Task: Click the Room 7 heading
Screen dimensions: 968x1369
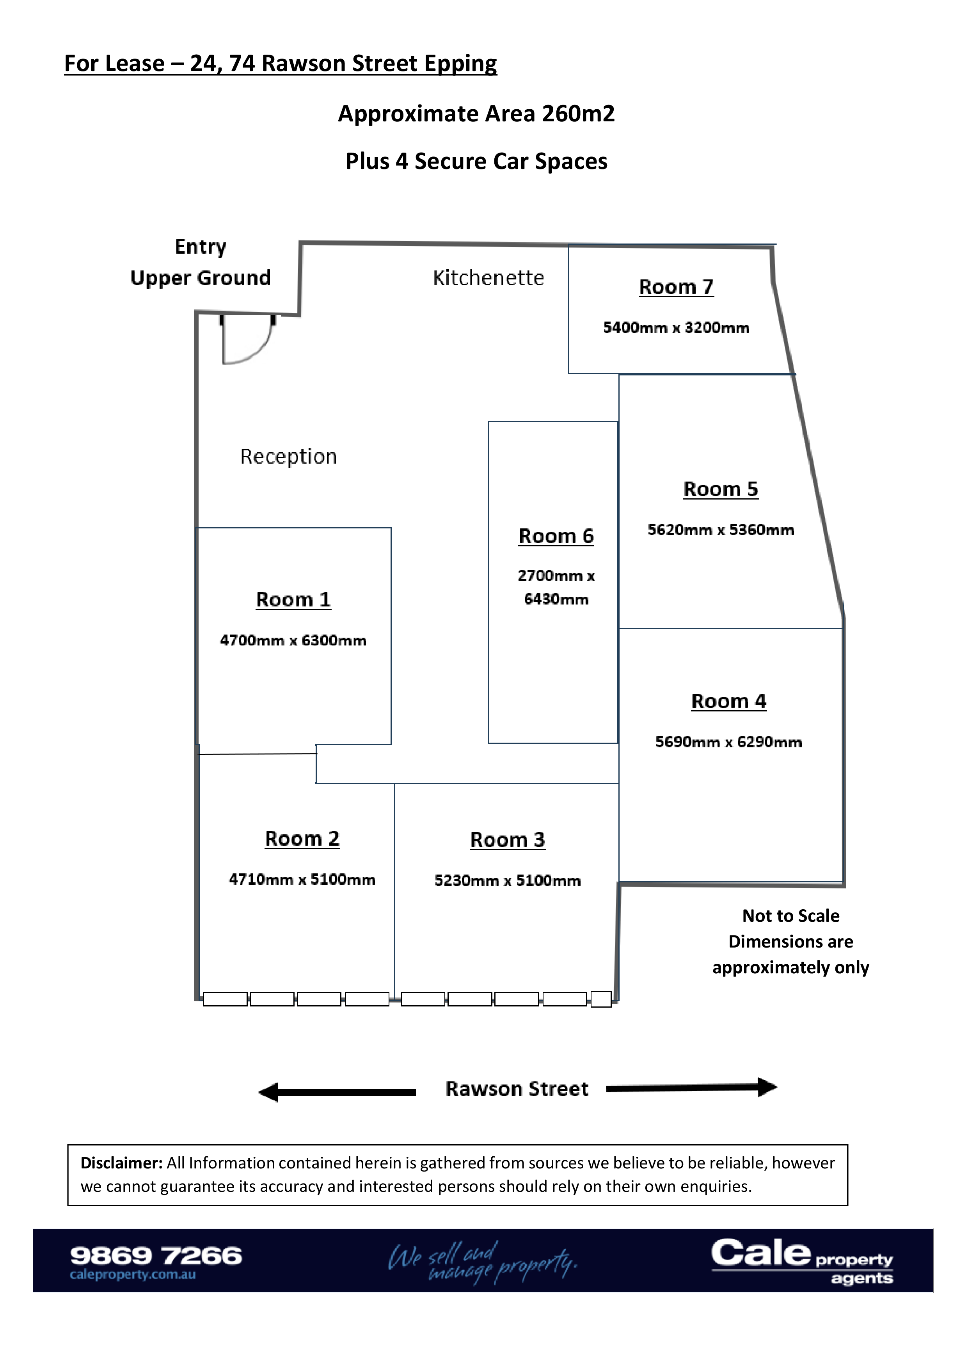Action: tap(676, 287)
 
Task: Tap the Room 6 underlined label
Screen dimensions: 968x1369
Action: tap(556, 536)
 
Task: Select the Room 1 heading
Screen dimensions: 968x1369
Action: tap(293, 599)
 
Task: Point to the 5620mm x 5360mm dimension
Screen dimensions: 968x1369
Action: tap(721, 530)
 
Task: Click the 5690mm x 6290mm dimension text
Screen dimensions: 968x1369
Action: tap(728, 742)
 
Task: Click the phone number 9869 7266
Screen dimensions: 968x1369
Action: tap(156, 1256)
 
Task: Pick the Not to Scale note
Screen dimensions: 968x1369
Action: tap(790, 916)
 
